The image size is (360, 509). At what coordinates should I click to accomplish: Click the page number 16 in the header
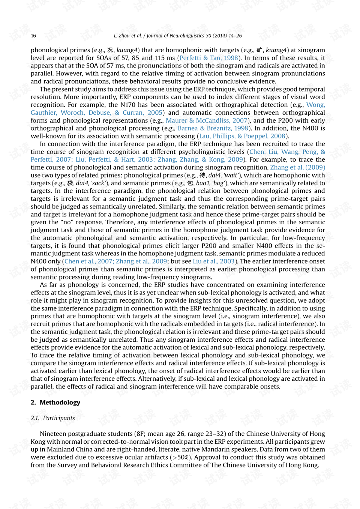33,36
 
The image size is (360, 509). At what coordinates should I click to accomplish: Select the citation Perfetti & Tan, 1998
209,58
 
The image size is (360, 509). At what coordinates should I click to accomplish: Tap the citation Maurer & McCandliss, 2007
207,120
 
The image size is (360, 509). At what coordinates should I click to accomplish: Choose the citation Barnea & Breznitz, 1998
213,128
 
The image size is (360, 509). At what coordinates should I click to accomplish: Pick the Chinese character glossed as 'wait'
202,175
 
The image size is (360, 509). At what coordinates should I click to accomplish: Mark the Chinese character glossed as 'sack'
70,183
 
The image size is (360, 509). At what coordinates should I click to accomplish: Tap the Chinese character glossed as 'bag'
190,183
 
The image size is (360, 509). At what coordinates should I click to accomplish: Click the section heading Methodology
60,402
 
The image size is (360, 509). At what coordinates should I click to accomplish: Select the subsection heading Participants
59,418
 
